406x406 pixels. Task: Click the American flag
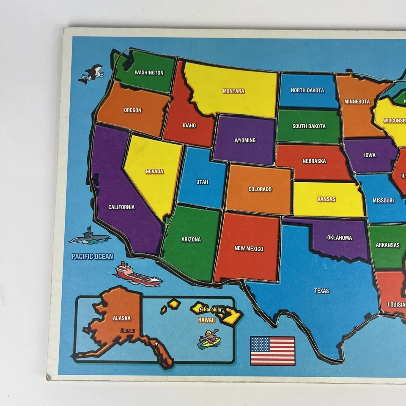pos(272,351)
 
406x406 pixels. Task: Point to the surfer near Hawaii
pos(209,339)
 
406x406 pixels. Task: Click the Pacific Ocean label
pos(92,256)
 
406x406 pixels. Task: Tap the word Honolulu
pos(211,310)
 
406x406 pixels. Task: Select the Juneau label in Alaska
pos(128,330)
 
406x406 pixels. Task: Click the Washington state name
pos(149,73)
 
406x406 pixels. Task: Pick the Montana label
pos(233,91)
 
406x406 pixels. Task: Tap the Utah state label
pos(202,182)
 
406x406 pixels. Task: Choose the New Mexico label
pos(249,249)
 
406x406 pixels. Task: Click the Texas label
pos(321,291)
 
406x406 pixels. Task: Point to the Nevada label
pos(154,171)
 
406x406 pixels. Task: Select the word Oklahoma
pos(339,238)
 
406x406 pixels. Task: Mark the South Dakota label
pos(309,126)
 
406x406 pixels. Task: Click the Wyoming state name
pos(245,140)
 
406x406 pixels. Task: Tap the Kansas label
pos(326,199)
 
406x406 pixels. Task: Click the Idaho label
pos(189,125)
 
